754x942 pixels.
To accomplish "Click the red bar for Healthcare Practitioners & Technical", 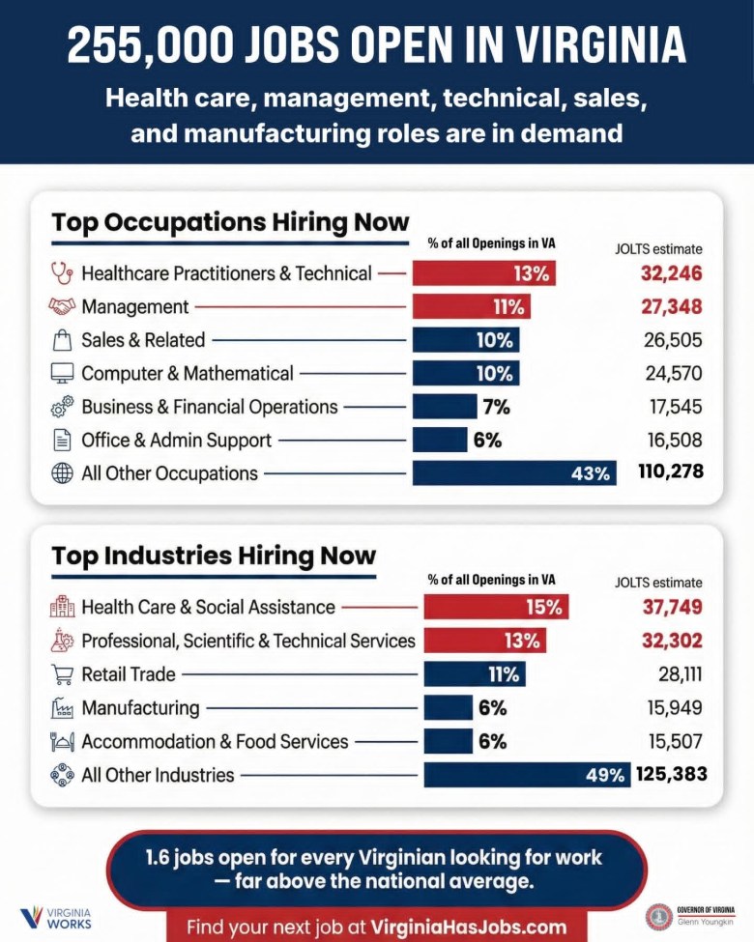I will [x=484, y=273].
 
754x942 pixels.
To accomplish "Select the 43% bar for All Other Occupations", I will [x=513, y=473].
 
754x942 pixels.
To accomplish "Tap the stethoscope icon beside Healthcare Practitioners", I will [x=62, y=273].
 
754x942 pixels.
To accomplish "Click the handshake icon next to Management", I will [x=62, y=307].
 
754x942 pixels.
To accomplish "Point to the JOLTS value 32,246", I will [x=671, y=273].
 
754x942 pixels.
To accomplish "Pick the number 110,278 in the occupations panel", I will [x=670, y=472].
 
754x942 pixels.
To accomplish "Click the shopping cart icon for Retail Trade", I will [x=62, y=674].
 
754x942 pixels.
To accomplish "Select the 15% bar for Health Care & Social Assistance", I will [x=496, y=607].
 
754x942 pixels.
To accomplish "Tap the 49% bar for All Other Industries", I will [x=527, y=775].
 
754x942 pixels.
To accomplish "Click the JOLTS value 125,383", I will [x=672, y=774].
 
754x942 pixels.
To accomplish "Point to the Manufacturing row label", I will [x=140, y=708].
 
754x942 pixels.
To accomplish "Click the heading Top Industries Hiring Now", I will [x=214, y=556].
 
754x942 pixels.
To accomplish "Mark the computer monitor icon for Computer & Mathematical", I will [x=62, y=373].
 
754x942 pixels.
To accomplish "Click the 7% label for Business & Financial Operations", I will [x=496, y=407].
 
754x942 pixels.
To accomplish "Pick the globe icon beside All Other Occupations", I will [x=62, y=473].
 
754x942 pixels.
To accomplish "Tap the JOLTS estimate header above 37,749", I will [x=658, y=583].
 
